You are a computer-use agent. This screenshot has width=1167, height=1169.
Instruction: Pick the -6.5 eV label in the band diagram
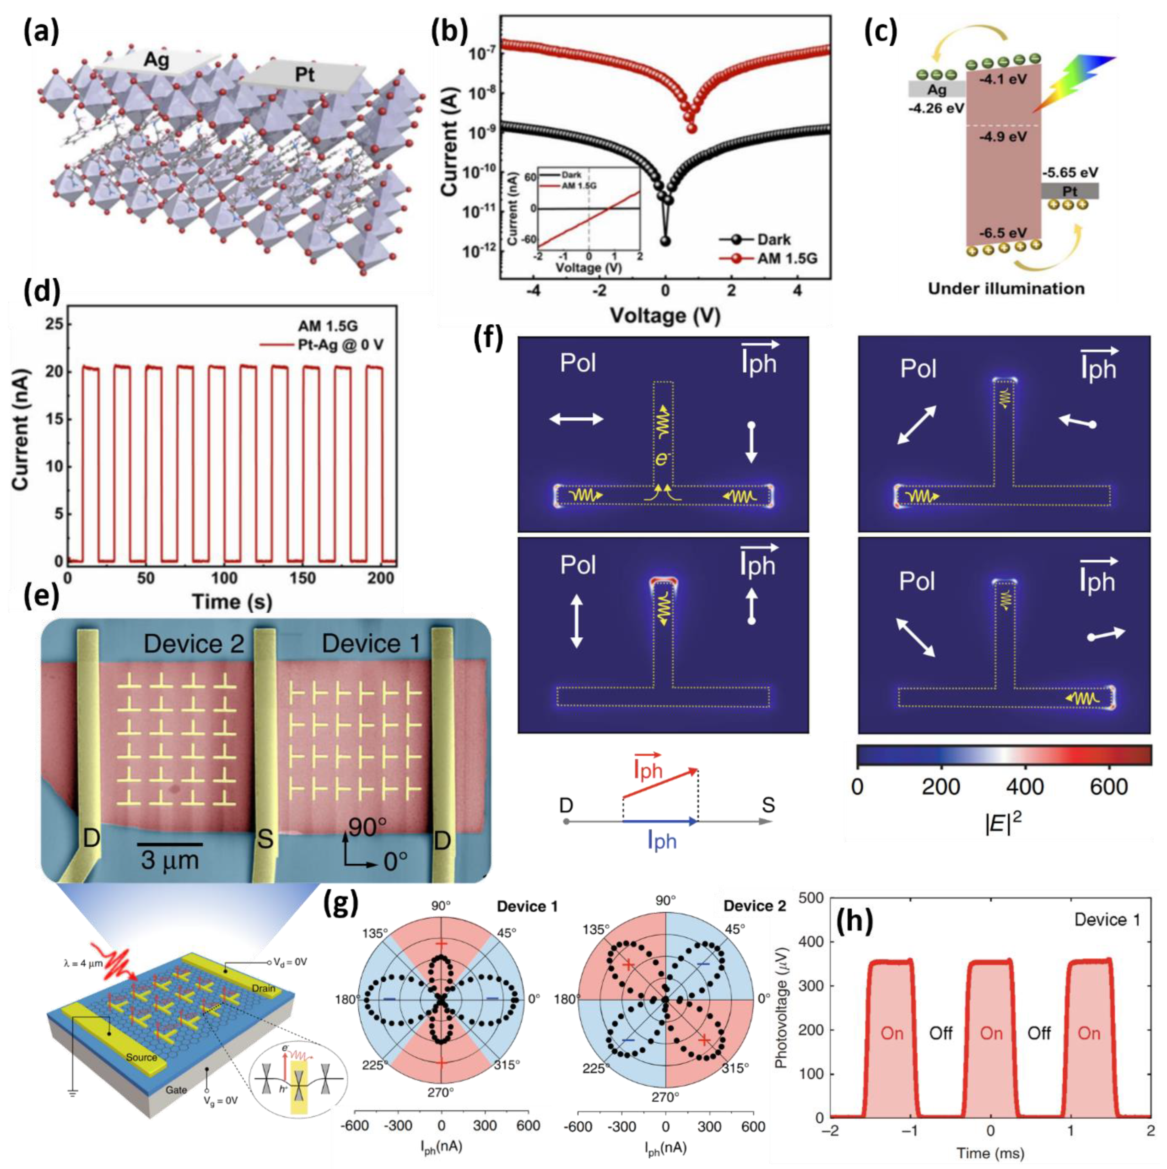[1003, 233]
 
